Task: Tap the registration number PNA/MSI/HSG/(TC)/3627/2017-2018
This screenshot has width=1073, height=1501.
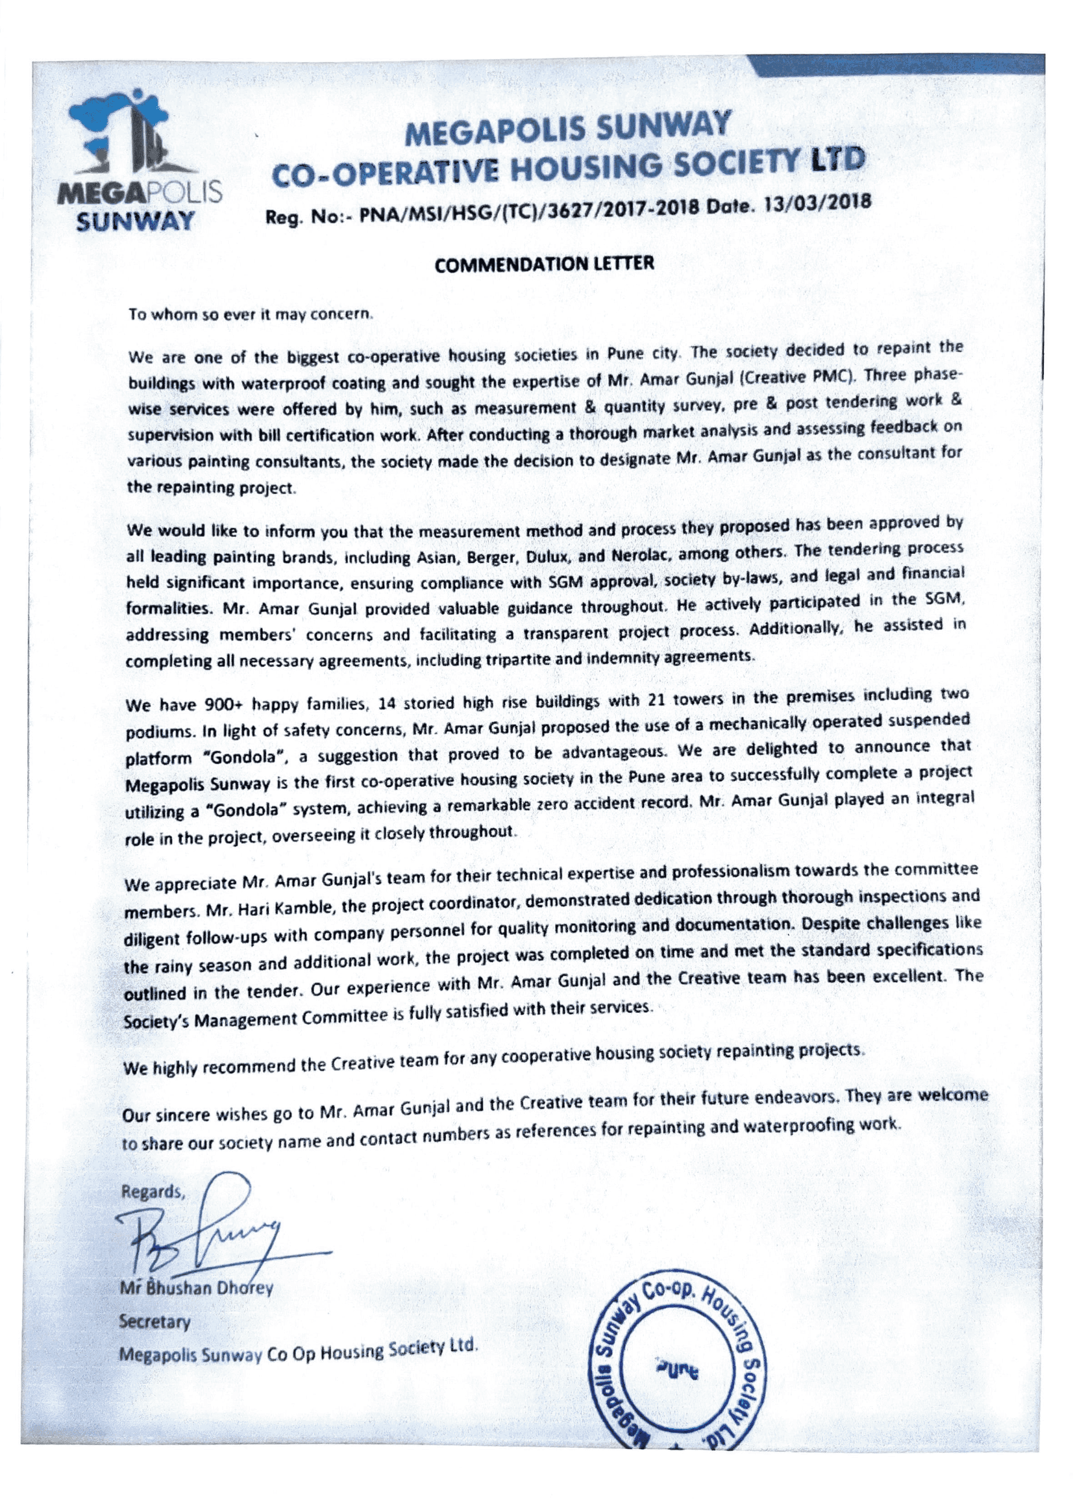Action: coord(524,212)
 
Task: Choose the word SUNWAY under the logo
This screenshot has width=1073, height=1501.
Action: coord(135,219)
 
